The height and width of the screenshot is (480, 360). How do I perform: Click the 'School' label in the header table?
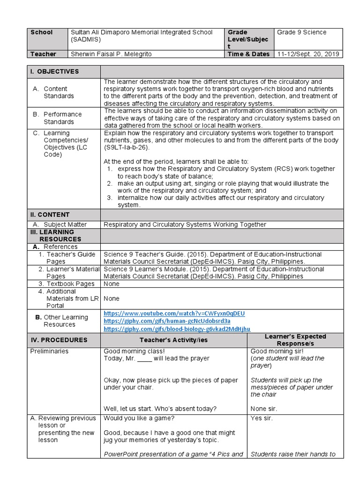point(42,32)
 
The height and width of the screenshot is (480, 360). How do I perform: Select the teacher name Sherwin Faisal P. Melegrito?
point(111,54)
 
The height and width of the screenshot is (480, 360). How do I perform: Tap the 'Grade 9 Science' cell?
point(301,32)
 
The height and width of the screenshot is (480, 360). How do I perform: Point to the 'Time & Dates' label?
point(248,54)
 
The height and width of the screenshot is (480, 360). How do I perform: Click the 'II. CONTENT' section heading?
point(50,215)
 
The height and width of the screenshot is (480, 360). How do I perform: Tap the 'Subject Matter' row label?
point(65,225)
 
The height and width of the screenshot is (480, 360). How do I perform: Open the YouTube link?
point(174,313)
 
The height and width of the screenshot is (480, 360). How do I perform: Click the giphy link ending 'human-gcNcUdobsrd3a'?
point(167,321)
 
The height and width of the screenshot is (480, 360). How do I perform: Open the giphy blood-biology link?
point(177,329)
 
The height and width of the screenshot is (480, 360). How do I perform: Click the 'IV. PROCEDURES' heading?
point(59,340)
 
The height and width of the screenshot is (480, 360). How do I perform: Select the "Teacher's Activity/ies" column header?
point(174,340)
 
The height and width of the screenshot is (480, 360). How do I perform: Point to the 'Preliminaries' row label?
point(49,351)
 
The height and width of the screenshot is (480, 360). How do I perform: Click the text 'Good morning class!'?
point(134,351)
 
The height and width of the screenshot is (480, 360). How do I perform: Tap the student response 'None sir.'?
point(263,409)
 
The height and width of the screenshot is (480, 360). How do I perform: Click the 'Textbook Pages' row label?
point(70,284)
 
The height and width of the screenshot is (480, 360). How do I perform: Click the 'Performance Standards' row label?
point(62,118)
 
